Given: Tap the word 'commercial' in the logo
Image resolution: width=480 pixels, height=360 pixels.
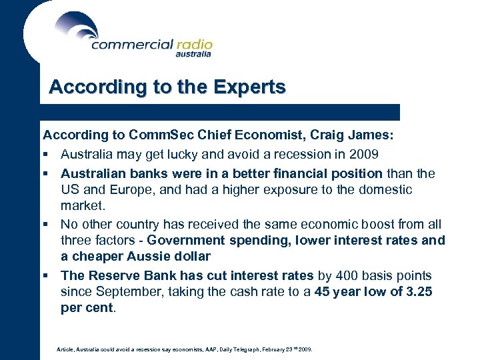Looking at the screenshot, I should click(x=131, y=45).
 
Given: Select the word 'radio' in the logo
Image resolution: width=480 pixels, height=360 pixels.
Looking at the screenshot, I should click(x=194, y=45).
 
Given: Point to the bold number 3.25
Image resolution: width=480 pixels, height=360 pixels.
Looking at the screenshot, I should click(x=419, y=291).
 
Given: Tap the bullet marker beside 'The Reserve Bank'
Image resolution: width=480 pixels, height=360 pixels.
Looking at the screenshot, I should click(x=46, y=275).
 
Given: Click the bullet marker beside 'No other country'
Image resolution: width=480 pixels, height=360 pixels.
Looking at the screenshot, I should click(x=46, y=225).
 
